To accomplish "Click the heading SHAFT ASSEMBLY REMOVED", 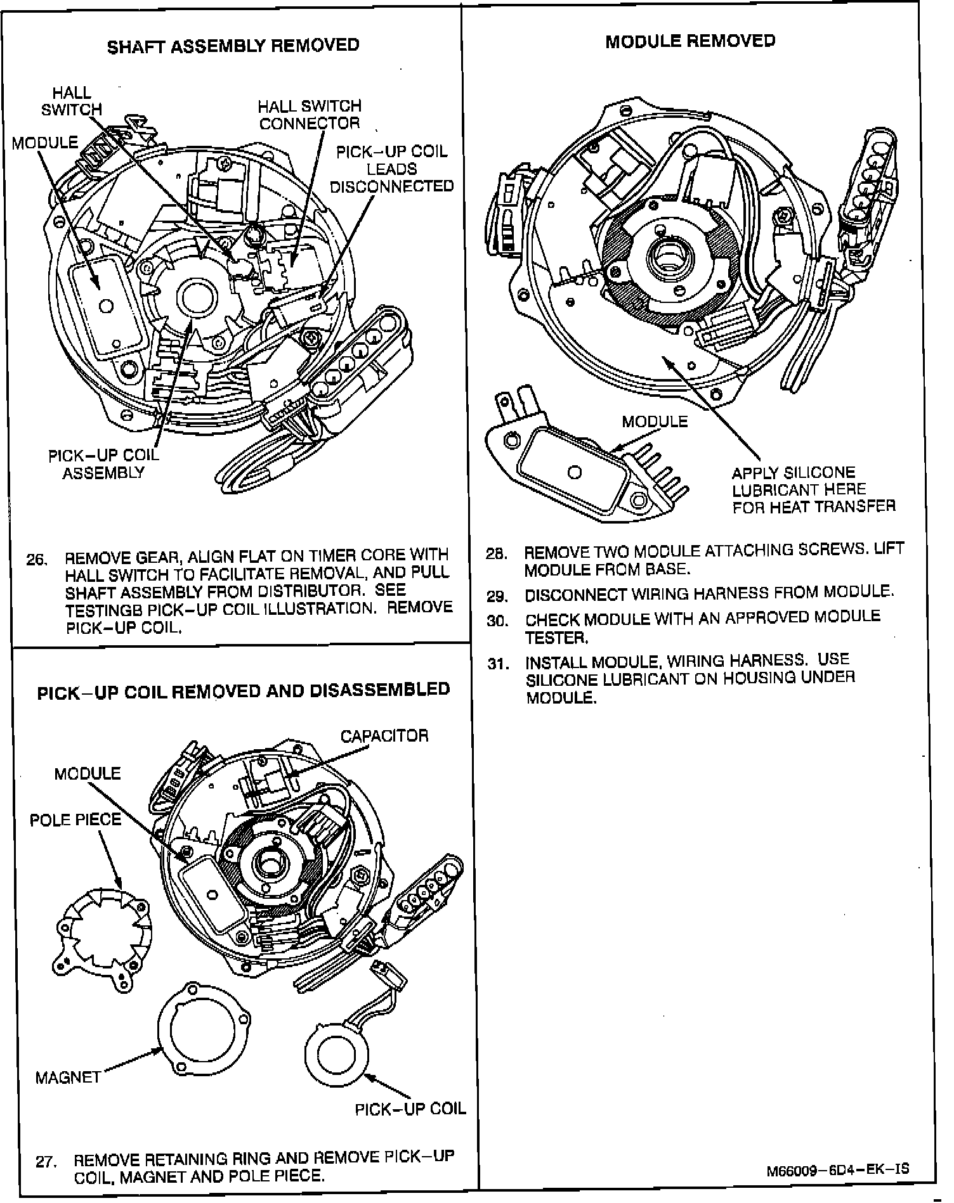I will [x=233, y=46].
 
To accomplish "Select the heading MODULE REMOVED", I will [x=689, y=41].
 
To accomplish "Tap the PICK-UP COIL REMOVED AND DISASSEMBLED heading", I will [x=244, y=690].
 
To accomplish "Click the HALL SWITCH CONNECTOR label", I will [x=310, y=115].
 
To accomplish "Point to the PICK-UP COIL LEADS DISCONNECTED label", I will [x=391, y=169].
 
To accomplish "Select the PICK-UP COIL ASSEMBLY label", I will [x=103, y=464].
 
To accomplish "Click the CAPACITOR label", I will [x=384, y=736].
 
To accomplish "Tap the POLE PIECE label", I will [x=75, y=820].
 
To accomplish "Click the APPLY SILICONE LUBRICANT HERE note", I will [x=813, y=490].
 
